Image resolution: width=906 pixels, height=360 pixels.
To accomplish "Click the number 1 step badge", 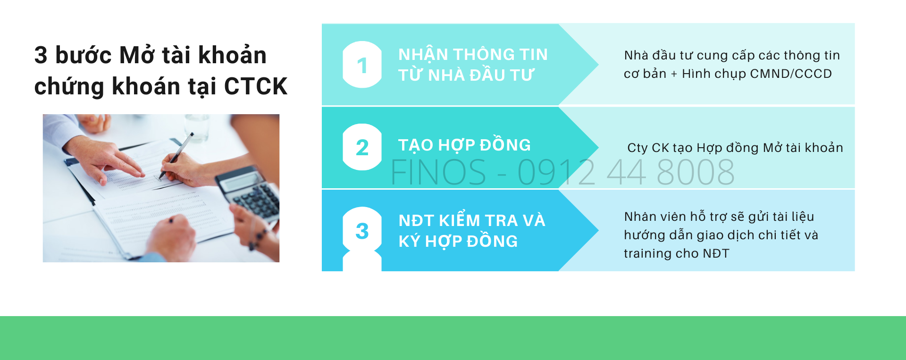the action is (x=362, y=65).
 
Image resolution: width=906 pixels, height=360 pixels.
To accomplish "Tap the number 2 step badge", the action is (x=362, y=147).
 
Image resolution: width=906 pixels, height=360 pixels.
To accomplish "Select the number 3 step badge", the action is (x=362, y=230).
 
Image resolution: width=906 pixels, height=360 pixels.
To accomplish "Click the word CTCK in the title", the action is (x=255, y=86).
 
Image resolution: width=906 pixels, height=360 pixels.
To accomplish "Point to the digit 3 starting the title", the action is (x=41, y=55).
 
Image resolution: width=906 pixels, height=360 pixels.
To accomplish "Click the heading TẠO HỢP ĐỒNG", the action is (x=464, y=145).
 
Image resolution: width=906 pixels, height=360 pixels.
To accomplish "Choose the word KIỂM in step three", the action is (x=459, y=220).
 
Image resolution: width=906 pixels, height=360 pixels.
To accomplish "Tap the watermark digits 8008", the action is (x=695, y=172).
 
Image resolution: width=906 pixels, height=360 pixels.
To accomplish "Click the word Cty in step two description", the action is (x=638, y=148).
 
